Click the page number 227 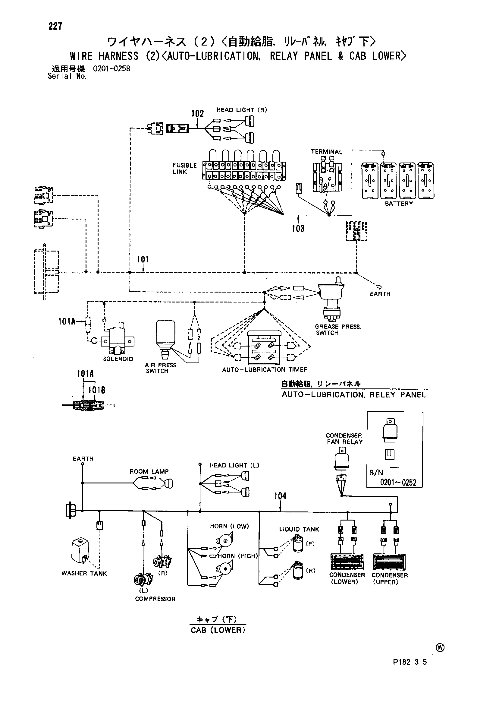(x=55, y=27)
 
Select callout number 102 (x=198, y=113)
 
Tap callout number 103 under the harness (x=298, y=228)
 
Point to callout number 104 (x=280, y=496)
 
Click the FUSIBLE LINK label (x=185, y=169)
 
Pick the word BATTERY (x=399, y=204)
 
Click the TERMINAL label (x=326, y=152)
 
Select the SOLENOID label (x=118, y=359)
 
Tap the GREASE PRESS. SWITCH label (x=338, y=330)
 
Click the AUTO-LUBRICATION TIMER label (x=265, y=370)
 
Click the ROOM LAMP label (x=149, y=472)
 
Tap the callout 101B (x=96, y=390)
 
